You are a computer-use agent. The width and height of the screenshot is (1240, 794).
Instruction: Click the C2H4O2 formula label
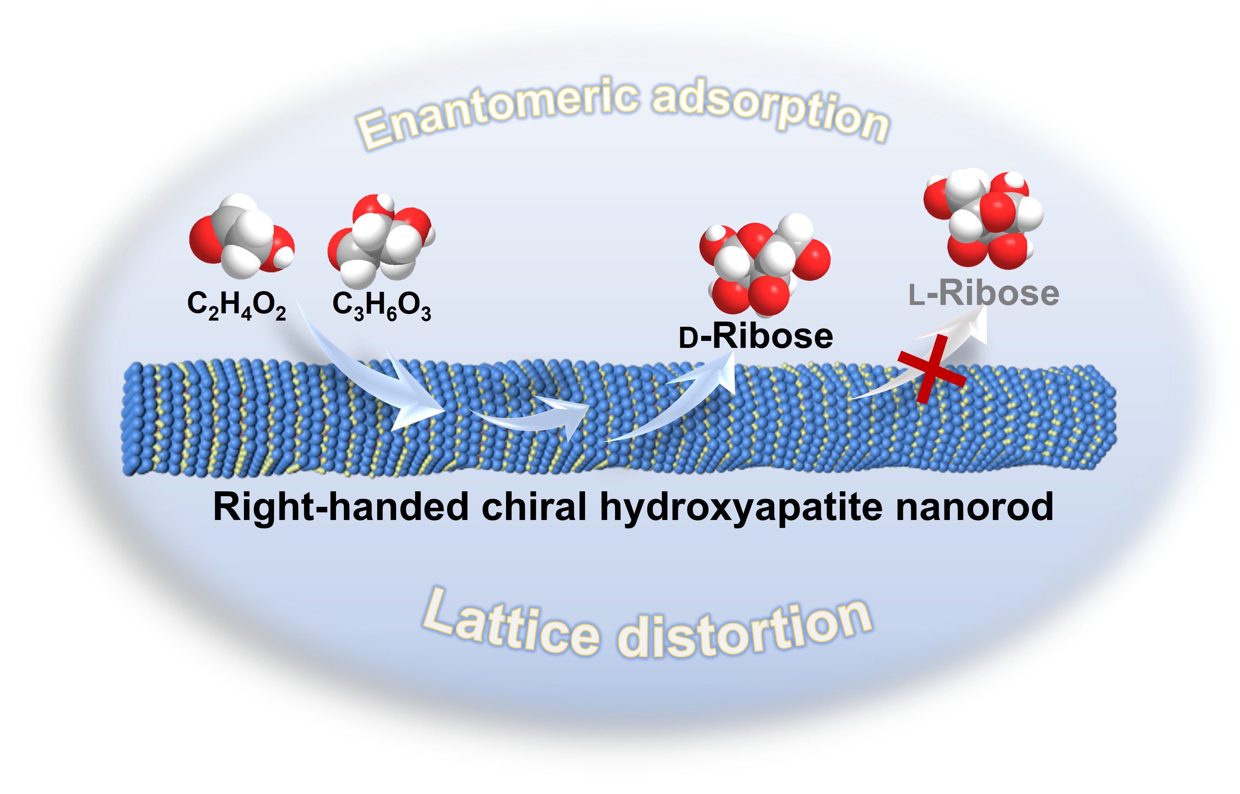click(236, 305)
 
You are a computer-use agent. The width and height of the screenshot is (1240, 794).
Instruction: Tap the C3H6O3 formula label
click(381, 305)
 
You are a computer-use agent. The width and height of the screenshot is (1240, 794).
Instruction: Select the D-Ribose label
click(756, 337)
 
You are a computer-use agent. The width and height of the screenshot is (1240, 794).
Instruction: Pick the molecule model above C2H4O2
click(241, 236)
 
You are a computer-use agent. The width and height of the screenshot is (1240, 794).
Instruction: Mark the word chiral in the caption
click(534, 507)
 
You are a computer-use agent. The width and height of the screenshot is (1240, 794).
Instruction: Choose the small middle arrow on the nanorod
click(531, 415)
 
